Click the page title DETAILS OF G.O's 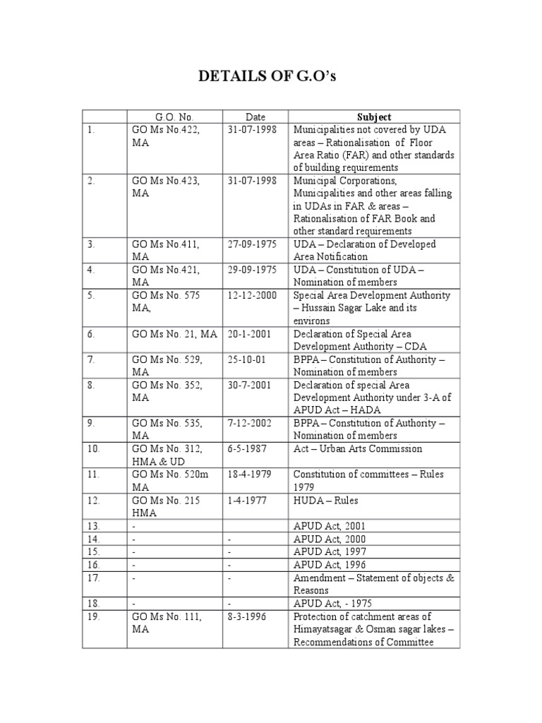tap(271, 76)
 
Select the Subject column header tap(374, 117)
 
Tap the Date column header tap(255, 117)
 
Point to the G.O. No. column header tap(174, 117)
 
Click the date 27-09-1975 tap(253, 244)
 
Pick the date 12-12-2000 tap(253, 295)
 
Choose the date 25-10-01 tap(246, 359)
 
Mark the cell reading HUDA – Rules tap(325, 500)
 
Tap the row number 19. tap(94, 616)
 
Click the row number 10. tap(94, 448)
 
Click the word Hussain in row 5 tap(320, 308)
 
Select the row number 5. tap(91, 295)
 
